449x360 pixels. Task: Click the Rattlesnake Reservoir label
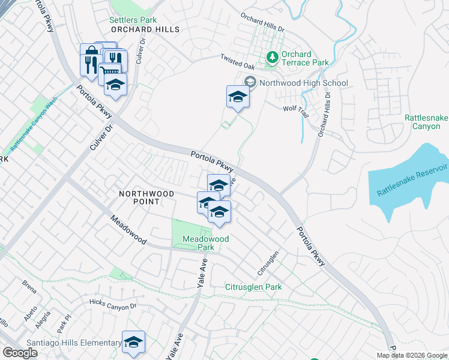413,178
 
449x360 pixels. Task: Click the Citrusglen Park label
253,287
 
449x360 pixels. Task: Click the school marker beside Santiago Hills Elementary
133,343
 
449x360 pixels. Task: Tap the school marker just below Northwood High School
238,97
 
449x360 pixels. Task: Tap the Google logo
20,353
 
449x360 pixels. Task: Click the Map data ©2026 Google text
412,355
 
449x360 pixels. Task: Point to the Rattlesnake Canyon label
426,122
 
